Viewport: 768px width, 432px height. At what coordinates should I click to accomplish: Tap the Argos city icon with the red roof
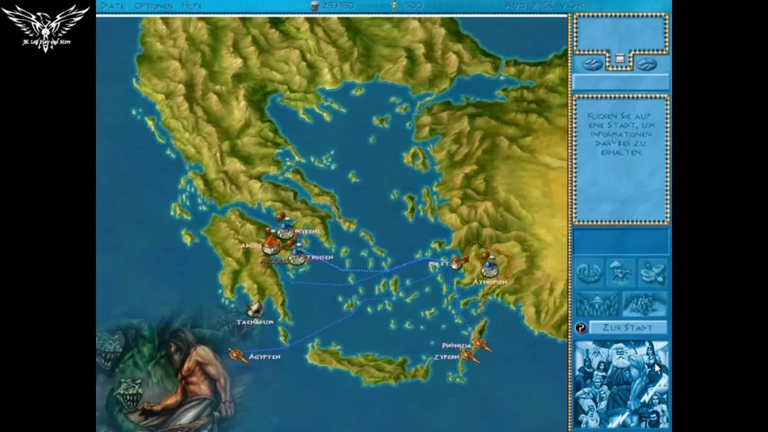pos(270,246)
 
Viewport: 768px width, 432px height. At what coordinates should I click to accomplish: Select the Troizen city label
pos(321,258)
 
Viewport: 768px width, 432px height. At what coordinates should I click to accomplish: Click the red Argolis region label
pos(273,261)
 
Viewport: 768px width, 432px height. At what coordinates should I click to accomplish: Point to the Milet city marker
pos(456,264)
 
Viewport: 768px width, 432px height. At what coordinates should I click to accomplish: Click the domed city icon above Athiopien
pos(489,269)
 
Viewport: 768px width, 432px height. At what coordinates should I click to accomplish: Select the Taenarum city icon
pos(254,309)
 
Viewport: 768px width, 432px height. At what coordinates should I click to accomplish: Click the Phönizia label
pos(456,346)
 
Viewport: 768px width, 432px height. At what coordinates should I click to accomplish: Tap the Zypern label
pos(446,358)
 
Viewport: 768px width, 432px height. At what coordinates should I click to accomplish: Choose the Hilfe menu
pos(192,5)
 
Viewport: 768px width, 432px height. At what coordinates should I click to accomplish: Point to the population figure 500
pos(413,5)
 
